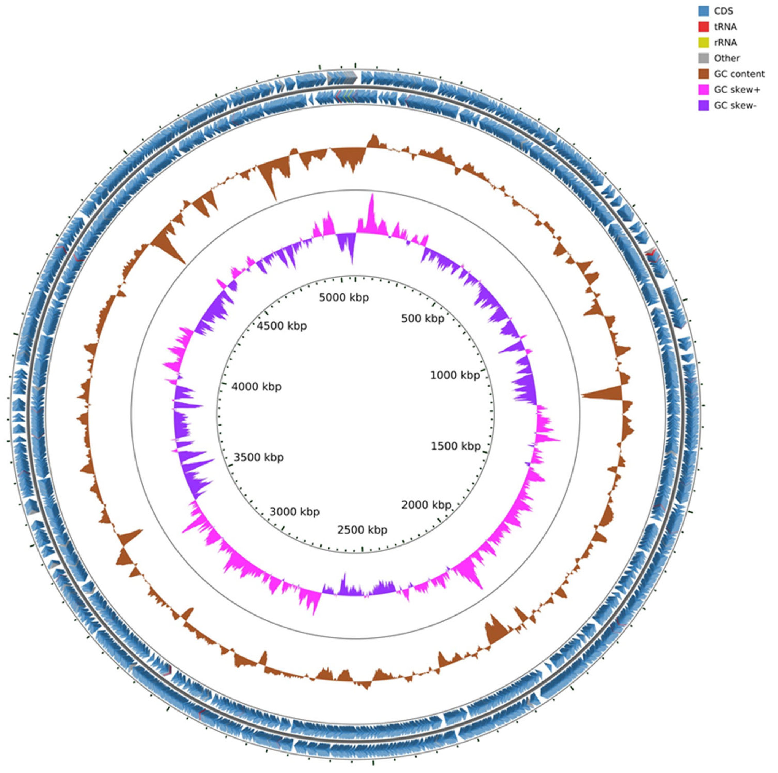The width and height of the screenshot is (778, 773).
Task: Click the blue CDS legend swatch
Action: pos(704,11)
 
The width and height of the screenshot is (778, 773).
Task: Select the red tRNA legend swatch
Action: pos(704,26)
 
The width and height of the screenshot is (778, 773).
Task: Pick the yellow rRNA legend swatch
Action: pos(704,42)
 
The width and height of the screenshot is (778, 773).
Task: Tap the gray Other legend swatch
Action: pos(704,58)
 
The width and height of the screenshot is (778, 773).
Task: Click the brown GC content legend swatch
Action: pos(704,74)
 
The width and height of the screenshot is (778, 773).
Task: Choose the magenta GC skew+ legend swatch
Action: pos(704,89)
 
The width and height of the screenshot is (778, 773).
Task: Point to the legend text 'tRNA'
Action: pos(725,26)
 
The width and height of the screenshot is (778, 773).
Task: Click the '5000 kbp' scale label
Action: pos(344,298)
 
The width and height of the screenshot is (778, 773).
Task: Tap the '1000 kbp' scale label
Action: pos(455,375)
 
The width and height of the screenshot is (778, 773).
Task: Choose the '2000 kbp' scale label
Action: pos(426,505)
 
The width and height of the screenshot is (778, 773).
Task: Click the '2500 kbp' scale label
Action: pos(362,529)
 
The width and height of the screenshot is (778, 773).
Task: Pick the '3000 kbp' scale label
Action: pos(295,512)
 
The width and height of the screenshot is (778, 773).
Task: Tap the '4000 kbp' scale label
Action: pos(256,387)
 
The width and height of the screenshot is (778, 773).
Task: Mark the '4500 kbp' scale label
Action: pos(282,326)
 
